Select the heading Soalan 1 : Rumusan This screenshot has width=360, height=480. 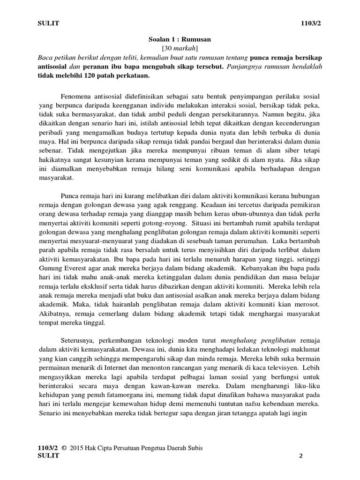tap(180, 40)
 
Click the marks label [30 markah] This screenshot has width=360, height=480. tap(180, 49)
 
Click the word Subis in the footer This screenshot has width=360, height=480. tap(195, 449)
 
